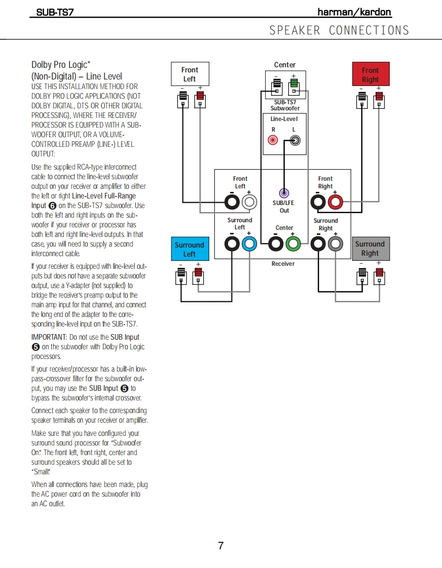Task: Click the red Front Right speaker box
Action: tap(370, 74)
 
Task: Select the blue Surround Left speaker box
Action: tap(189, 249)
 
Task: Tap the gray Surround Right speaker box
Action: tap(370, 249)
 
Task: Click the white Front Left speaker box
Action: tap(190, 74)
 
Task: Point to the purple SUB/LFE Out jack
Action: tap(284, 193)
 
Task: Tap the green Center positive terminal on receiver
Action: tap(292, 244)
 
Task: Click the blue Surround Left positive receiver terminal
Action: tap(249, 244)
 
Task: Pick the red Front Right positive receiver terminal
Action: tap(335, 203)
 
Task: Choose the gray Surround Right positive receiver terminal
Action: tap(335, 244)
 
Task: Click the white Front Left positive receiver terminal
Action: tap(249, 203)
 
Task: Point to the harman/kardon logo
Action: tap(354, 12)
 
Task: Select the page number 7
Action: tap(220, 546)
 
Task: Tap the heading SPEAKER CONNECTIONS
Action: tap(339, 30)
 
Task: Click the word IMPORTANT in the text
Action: tap(48, 337)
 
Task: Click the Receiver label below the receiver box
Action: tap(283, 264)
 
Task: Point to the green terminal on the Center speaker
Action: tap(293, 83)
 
